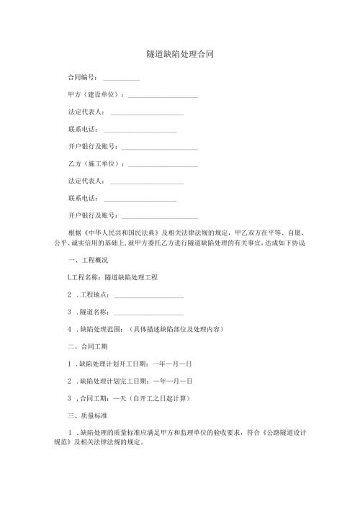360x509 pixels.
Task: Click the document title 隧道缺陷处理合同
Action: pyautogui.click(x=179, y=54)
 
